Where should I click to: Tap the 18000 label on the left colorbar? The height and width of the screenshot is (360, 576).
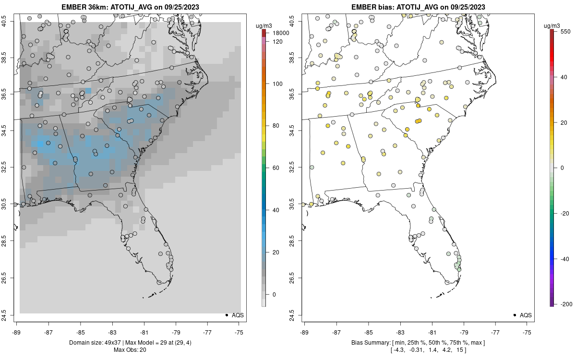280,33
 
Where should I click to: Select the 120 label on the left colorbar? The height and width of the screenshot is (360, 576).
277,41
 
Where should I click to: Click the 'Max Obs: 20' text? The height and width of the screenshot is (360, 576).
130,350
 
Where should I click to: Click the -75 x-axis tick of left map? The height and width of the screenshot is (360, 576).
239,332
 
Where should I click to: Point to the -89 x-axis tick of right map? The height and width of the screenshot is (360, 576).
305,332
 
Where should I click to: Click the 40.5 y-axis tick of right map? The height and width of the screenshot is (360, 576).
298,22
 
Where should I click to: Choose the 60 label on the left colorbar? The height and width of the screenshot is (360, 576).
276,168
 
